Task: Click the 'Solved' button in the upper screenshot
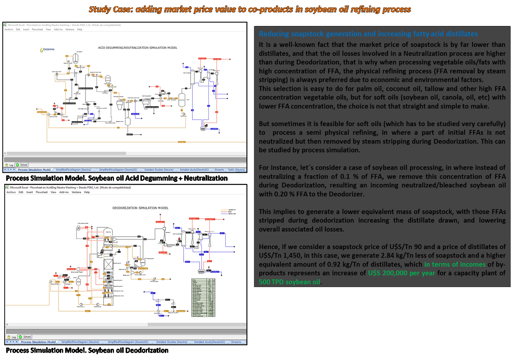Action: coord(22,165)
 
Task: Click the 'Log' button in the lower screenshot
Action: coord(12,337)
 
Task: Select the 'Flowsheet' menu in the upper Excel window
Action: coord(37,29)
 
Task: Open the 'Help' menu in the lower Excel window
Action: coord(87,192)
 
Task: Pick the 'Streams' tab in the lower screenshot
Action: coord(236,342)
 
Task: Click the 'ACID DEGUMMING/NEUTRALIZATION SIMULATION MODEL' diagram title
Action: coord(138,48)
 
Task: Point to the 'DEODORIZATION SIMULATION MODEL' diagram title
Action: coord(140,208)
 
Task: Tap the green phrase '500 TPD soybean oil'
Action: coord(290,282)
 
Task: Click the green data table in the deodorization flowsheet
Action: coord(204,298)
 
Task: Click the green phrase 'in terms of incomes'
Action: coord(455,265)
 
